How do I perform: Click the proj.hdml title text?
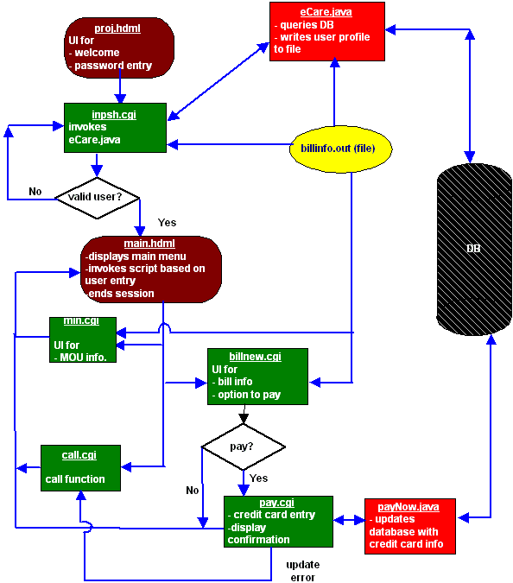(x=117, y=29)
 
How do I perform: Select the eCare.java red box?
(x=327, y=32)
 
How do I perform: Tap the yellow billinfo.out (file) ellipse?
(x=340, y=149)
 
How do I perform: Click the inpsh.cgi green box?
(x=115, y=128)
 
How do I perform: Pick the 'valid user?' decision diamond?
(x=97, y=198)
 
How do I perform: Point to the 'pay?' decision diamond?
(x=244, y=447)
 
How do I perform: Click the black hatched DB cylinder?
(x=474, y=249)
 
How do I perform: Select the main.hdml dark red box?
(x=151, y=269)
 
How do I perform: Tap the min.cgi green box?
(x=83, y=339)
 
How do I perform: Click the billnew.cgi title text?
(x=255, y=356)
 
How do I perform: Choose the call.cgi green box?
(x=80, y=468)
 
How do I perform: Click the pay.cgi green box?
(x=278, y=522)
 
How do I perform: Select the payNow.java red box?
(x=410, y=526)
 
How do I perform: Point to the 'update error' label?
(x=303, y=571)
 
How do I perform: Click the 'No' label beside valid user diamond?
(x=35, y=192)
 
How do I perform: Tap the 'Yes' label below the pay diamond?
(x=259, y=478)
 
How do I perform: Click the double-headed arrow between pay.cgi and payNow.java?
(x=349, y=520)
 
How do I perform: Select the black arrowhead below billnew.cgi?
(x=244, y=418)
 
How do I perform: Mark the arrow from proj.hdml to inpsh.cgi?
(x=120, y=86)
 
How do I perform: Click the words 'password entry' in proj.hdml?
(x=113, y=66)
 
